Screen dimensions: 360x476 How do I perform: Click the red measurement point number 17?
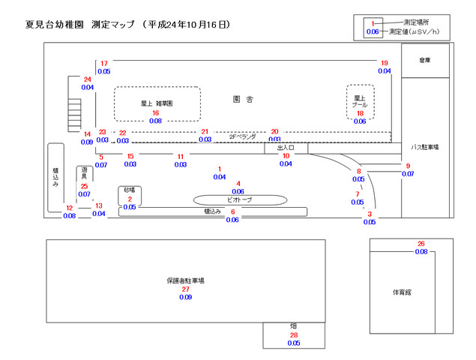(x=104, y=63)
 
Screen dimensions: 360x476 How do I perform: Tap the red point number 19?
(x=385, y=63)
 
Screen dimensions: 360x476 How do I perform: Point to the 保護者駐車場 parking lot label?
(x=185, y=280)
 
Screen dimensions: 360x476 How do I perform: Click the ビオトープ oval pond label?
(x=239, y=200)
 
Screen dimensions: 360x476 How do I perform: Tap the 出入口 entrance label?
(x=286, y=148)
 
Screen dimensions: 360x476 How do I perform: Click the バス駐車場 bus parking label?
(x=424, y=147)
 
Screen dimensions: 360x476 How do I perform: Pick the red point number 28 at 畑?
(x=294, y=334)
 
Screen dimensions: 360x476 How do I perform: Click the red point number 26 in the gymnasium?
(x=421, y=244)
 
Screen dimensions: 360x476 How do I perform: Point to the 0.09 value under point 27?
(x=185, y=298)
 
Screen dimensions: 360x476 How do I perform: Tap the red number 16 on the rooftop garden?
(x=156, y=112)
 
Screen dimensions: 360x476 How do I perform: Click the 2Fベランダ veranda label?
(x=242, y=136)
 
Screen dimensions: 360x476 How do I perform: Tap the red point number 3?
(x=370, y=214)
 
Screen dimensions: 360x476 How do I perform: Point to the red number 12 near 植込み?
(x=69, y=208)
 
